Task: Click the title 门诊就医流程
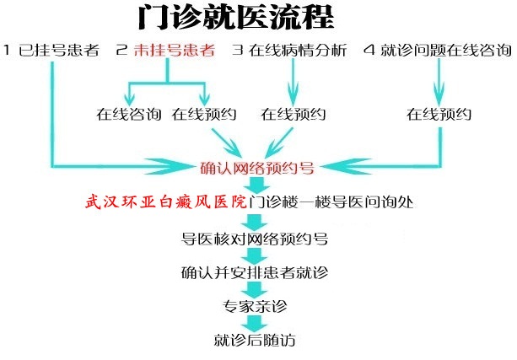tap(236, 17)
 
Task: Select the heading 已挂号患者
tap(59, 50)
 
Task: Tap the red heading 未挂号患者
tap(175, 50)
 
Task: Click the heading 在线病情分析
tap(298, 50)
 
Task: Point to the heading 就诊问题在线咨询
tap(446, 50)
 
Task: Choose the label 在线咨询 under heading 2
tap(129, 114)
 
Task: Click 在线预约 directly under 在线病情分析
tap(294, 114)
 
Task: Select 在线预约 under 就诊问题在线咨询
tap(439, 114)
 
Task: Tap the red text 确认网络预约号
tap(257, 168)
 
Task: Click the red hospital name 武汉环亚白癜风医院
tap(166, 201)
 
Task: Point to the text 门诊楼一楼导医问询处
tap(331, 201)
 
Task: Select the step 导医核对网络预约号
tap(255, 239)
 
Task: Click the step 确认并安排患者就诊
tap(255, 272)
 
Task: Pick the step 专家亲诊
tap(255, 306)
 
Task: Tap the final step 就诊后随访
tap(255, 340)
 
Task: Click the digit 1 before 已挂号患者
tap(7, 50)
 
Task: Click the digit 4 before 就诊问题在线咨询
tap(369, 50)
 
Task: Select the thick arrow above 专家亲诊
tap(254, 289)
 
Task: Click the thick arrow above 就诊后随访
tap(254, 323)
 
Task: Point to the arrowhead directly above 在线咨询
tap(130, 99)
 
